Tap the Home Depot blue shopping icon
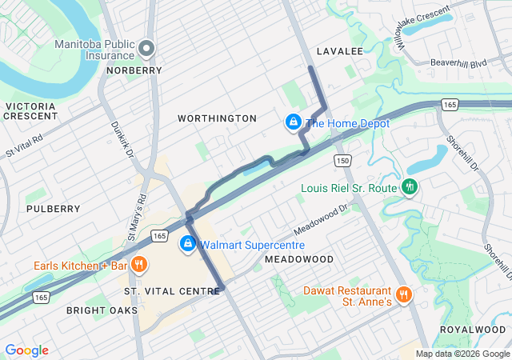tap(294, 123)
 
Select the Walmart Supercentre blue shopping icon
tap(188, 244)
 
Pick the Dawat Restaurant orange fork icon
tap(404, 294)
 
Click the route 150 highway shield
tap(343, 161)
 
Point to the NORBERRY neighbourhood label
tap(134, 70)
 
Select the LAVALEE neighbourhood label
tap(339, 51)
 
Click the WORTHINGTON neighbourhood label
tap(217, 118)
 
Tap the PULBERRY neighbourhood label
tap(54, 209)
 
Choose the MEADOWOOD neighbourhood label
tap(298, 260)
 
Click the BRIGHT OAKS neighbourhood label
tap(102, 310)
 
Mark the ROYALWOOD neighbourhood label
tap(473, 330)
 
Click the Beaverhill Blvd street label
tap(458, 62)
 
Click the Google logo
tap(26, 350)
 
